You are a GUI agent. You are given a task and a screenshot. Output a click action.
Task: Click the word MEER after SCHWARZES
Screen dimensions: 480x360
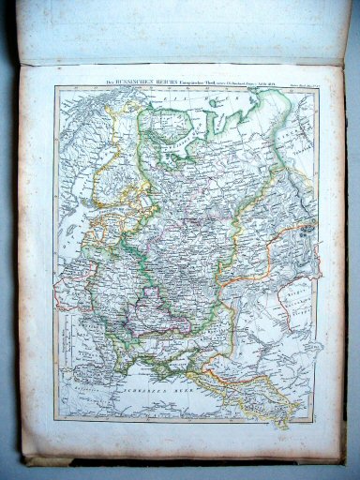pyautogui.click(x=175, y=384)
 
